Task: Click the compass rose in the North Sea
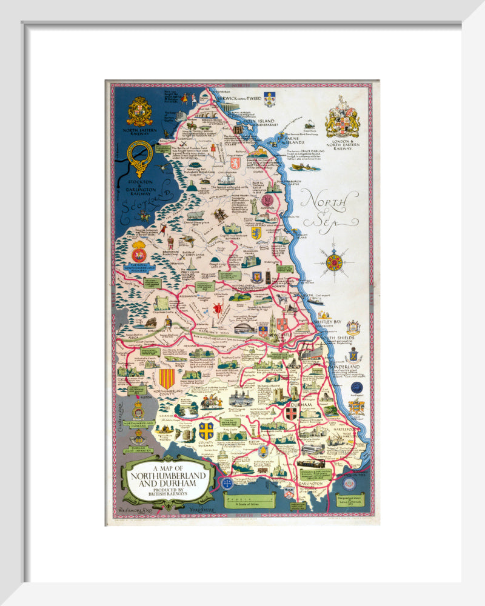tap(334, 262)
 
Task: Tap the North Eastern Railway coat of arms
tap(139, 112)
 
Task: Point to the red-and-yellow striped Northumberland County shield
tap(167, 379)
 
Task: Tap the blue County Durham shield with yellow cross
tap(206, 431)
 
